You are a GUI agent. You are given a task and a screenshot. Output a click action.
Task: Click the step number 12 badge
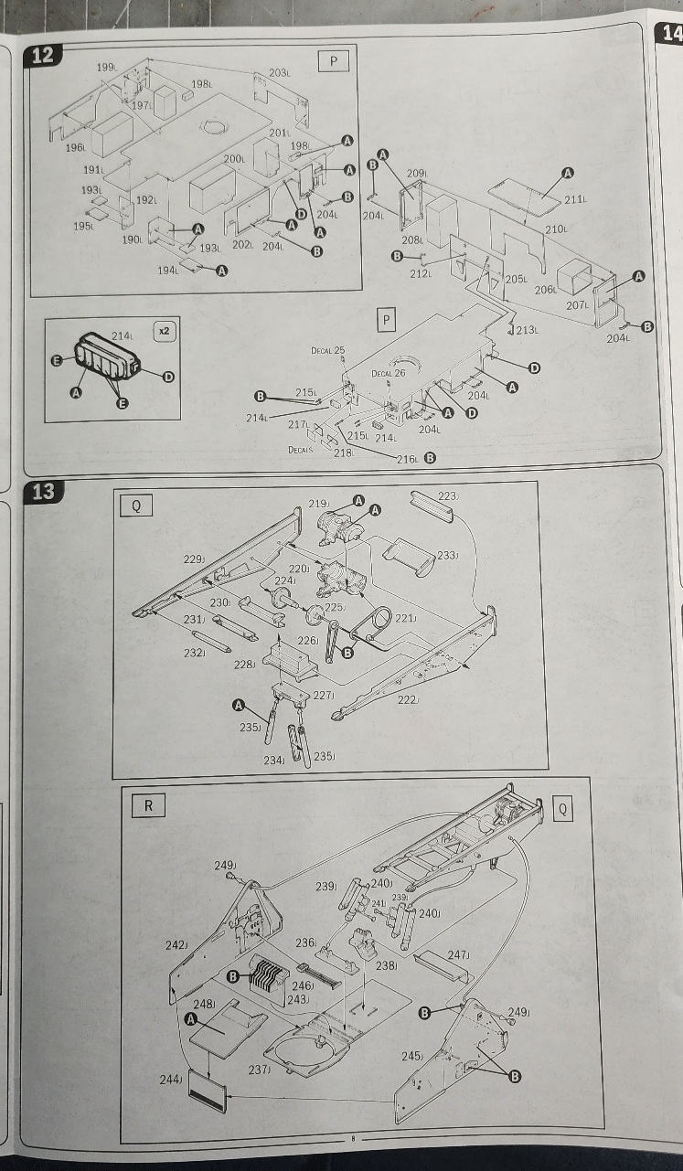point(42,55)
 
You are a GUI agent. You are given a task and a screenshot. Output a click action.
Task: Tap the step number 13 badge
point(42,492)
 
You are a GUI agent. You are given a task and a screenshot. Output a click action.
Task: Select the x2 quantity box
point(164,331)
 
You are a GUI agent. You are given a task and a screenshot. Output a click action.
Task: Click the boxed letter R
point(147,805)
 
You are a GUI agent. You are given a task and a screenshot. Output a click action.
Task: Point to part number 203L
point(279,73)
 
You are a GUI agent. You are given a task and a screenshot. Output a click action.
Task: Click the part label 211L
point(575,199)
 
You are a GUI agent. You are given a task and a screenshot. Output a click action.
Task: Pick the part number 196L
point(76,147)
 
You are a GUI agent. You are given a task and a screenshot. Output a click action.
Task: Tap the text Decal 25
point(328,351)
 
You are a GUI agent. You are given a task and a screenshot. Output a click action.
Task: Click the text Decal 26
point(388,373)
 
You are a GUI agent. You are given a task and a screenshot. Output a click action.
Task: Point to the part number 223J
point(448,496)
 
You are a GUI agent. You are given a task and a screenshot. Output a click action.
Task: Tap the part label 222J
point(409,699)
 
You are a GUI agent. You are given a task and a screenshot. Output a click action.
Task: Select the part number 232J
point(193,653)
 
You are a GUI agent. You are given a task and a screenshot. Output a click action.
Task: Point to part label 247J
point(459,954)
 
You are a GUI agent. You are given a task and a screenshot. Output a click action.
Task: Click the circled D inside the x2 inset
point(168,377)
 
